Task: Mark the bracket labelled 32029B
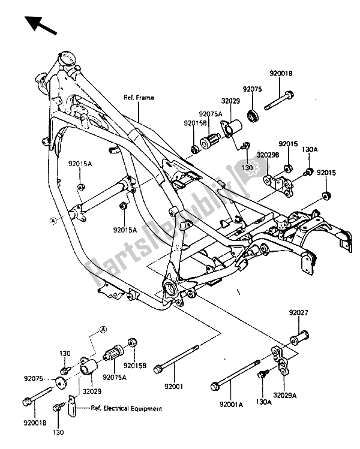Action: coord(278,182)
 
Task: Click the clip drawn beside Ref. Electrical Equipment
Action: coord(74,410)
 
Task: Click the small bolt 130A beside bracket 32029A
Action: coord(262,376)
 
